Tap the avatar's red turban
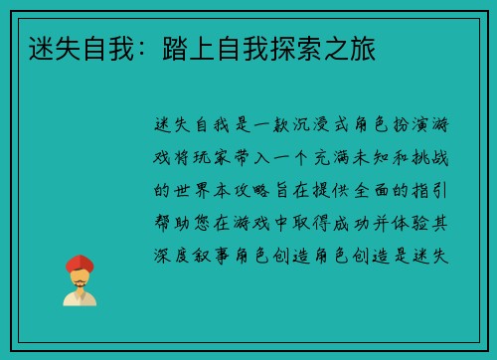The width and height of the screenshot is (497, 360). coord(80,263)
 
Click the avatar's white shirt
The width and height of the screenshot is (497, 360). coord(80,297)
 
